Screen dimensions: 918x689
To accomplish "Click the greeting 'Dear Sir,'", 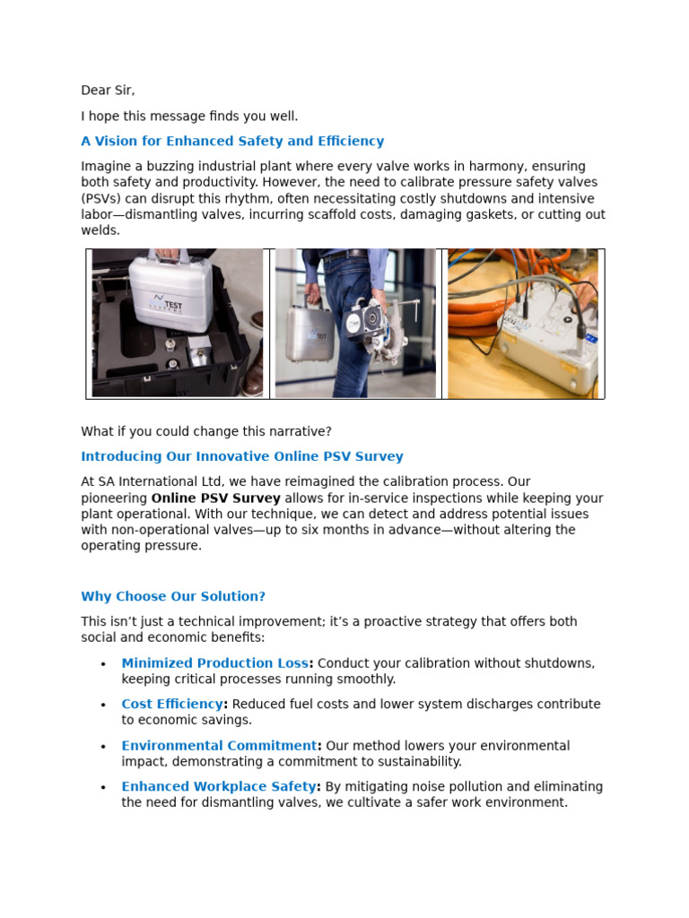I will point(108,91).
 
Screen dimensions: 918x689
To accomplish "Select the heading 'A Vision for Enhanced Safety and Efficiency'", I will point(232,141).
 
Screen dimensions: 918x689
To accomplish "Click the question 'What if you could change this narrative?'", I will point(206,431).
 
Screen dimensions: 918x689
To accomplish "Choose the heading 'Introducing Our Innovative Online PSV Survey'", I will point(242,456).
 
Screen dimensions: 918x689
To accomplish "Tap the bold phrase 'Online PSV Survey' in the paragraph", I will point(215,498).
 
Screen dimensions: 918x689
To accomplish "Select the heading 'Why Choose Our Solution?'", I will point(173,596).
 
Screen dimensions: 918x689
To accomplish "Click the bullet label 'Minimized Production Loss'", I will point(215,663).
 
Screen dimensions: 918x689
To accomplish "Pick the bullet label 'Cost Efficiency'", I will point(172,705).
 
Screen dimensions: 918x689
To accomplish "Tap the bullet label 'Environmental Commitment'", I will point(220,746).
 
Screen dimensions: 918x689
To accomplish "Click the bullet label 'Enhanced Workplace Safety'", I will point(219,787).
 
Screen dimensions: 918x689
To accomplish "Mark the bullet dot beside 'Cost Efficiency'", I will point(103,706).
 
